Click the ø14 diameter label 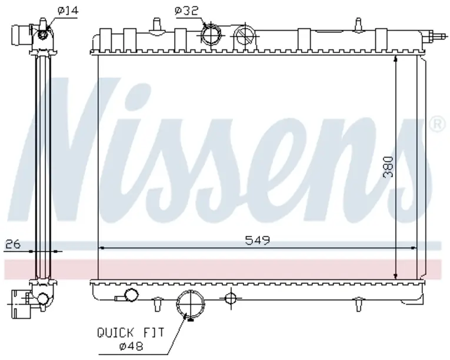pyautogui.click(x=68, y=11)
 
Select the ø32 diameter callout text pyautogui.click(x=186, y=11)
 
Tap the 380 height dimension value pyautogui.click(x=388, y=167)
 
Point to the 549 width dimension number pyautogui.click(x=258, y=240)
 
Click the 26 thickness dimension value pyautogui.click(x=13, y=244)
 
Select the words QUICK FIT pyautogui.click(x=131, y=333)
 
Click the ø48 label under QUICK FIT pyautogui.click(x=131, y=346)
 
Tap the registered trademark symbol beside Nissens pyautogui.click(x=437, y=124)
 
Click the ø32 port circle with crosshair pyautogui.click(x=211, y=35)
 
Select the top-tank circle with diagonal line pyautogui.click(x=245, y=36)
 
